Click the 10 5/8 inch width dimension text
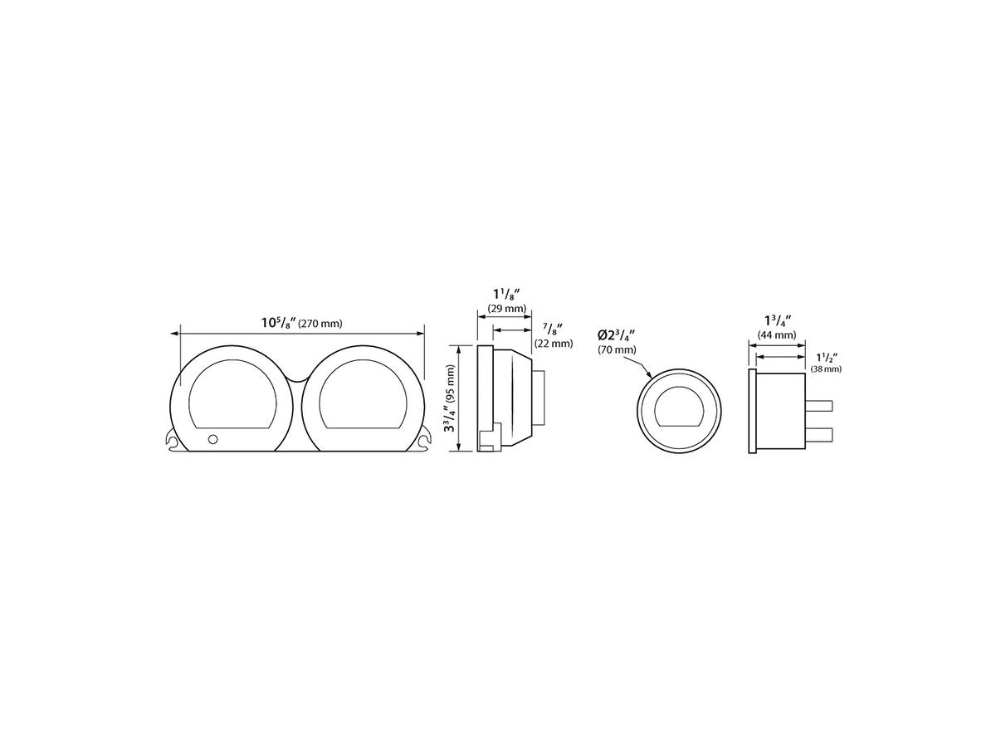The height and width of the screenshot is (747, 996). pos(278,323)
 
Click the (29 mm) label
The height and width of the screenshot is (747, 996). pos(507,309)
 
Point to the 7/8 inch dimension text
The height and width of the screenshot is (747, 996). pos(552,328)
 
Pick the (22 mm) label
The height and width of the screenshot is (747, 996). pos(554,344)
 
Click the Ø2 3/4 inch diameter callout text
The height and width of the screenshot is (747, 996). pos(616,335)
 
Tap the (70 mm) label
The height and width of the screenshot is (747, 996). pos(617,349)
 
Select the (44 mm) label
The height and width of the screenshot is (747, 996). pos(776,335)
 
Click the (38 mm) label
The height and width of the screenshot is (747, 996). pos(826,369)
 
